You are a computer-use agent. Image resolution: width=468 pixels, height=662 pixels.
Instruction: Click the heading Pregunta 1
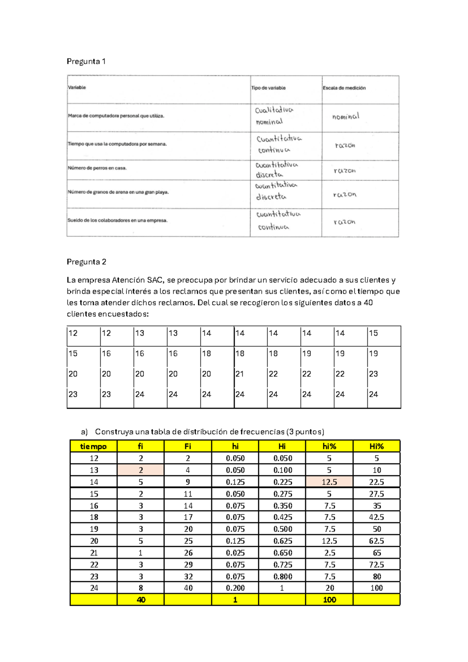(x=86, y=61)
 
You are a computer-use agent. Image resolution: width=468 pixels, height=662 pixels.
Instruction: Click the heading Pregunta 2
(x=86, y=262)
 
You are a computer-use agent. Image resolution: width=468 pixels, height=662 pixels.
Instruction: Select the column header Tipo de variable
(x=268, y=88)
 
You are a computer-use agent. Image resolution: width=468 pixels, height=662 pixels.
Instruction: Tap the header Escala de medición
(x=344, y=88)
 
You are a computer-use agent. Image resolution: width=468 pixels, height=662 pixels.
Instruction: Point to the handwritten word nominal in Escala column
(x=346, y=116)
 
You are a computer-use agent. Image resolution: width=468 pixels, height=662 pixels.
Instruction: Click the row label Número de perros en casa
(x=97, y=168)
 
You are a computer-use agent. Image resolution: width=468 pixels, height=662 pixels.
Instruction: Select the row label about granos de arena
(x=118, y=192)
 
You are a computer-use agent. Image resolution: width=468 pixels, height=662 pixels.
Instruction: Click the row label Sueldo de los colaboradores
(x=117, y=221)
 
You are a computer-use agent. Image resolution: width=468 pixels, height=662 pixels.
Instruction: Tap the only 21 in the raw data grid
(x=239, y=374)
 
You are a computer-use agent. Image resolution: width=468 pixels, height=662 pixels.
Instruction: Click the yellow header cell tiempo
(x=93, y=447)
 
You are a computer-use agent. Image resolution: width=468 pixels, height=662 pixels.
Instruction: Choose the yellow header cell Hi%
(x=376, y=447)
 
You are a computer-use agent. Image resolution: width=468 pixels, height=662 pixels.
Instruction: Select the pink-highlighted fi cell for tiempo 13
(x=141, y=470)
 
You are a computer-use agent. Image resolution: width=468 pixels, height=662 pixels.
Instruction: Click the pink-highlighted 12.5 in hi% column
(x=329, y=482)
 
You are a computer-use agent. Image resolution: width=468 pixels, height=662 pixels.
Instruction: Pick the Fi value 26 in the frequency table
(x=188, y=553)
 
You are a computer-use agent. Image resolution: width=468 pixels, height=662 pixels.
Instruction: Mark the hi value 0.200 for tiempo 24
(x=235, y=588)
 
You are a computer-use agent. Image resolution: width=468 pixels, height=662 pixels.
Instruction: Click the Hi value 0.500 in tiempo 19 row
(x=282, y=529)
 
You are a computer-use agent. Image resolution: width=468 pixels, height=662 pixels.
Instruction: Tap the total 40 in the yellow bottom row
(x=141, y=600)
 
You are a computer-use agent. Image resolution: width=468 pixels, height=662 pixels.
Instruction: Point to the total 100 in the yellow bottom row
(x=329, y=600)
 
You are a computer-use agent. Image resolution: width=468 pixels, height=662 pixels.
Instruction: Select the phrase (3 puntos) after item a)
(x=305, y=432)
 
